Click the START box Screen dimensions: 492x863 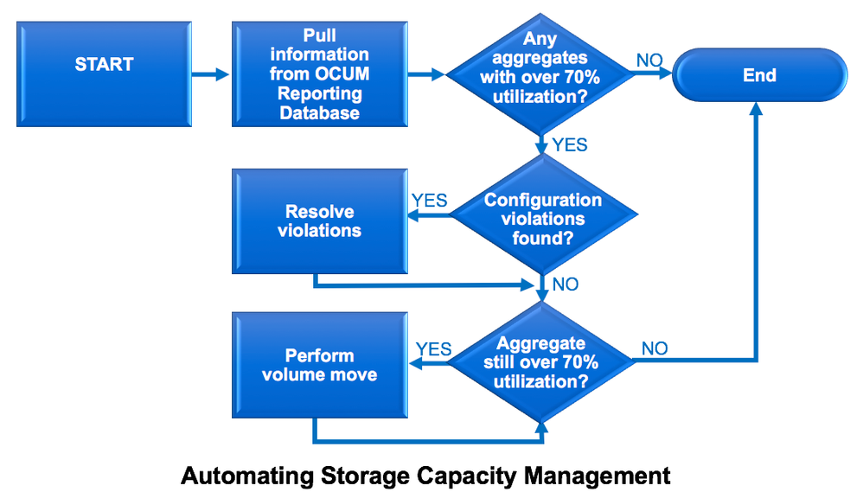coord(104,75)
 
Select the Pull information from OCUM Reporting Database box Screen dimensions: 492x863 coord(319,75)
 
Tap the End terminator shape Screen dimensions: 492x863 coord(759,75)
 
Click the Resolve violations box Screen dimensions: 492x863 coord(319,221)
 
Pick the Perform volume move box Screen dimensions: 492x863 coord(319,365)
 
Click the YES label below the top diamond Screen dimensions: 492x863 coord(570,144)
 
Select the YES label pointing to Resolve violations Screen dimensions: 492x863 coord(429,201)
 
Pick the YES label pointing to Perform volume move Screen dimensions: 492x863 coord(433,348)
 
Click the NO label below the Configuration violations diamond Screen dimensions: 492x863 coord(566,284)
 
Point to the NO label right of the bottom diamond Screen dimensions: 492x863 coord(655,348)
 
